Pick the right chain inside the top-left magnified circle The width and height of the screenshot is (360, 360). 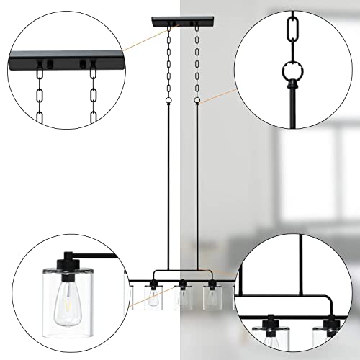(x=93, y=89)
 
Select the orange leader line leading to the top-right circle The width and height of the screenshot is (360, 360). (x=216, y=96)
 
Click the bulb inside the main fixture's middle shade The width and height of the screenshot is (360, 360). (x=183, y=298)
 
